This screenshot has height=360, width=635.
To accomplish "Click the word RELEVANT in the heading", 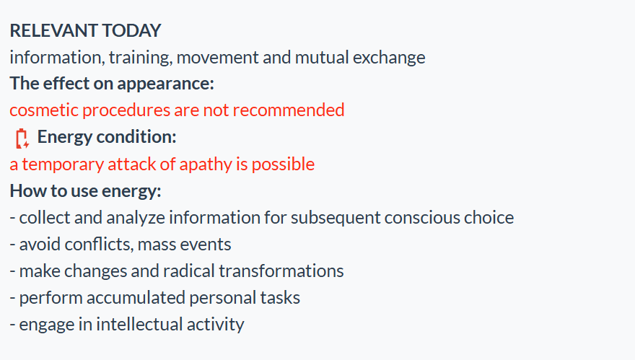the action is pos(53,31).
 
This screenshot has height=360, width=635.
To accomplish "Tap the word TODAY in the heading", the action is pos(131,31).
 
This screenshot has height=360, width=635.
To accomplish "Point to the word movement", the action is pos(217,58).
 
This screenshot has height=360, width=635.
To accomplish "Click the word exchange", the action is pos(389,58).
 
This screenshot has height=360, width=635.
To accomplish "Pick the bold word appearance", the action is pos(165,84).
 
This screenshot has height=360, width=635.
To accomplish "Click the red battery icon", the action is pos(22,139).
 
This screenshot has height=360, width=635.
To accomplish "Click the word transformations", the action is pos(281,271).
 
